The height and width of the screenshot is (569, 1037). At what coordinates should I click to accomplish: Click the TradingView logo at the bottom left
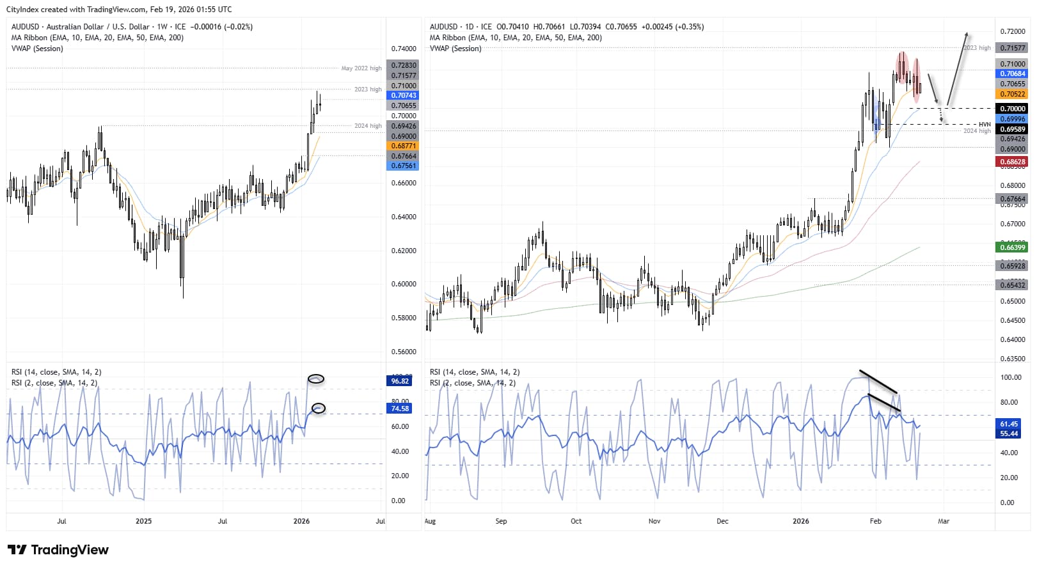point(58,550)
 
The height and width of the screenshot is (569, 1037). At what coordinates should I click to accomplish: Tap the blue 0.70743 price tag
point(403,95)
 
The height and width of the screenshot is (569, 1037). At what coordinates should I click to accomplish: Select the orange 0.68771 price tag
point(403,146)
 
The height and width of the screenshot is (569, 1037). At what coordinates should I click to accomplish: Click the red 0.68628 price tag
point(1012,162)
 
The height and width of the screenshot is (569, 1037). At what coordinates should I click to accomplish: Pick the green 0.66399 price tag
point(1012,247)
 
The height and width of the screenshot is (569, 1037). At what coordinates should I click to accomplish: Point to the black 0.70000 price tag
point(1012,109)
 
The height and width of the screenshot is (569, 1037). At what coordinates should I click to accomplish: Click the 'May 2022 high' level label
point(361,68)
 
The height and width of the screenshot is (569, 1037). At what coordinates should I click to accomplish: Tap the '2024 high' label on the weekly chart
point(367,126)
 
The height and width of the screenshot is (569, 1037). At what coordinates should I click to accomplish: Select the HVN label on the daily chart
point(984,125)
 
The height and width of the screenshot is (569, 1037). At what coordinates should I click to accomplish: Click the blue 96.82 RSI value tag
point(400,381)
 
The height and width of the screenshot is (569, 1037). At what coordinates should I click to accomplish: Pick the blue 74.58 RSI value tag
point(400,409)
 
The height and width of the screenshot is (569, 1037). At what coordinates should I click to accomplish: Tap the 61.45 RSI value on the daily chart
point(1009,424)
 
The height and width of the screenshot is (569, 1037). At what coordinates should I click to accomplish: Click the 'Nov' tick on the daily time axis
point(654,521)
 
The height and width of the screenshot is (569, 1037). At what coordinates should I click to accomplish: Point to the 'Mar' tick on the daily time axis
point(943,521)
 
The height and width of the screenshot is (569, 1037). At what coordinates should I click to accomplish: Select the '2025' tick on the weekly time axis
point(143,521)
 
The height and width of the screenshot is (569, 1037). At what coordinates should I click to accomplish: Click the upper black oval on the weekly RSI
point(316,379)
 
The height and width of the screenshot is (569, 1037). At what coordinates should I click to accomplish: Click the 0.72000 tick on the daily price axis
point(1012,31)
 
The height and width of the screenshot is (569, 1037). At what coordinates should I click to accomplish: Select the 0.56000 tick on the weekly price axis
point(403,352)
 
